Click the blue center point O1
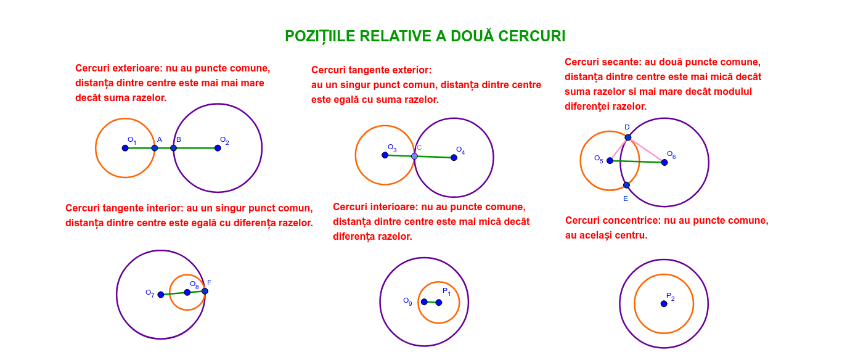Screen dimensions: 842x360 pos(125,148)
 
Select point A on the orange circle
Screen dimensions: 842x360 pos(155,148)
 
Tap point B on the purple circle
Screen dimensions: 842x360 pos(173,148)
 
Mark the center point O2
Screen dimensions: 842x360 pos(218,148)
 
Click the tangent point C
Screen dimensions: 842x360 pos(414,156)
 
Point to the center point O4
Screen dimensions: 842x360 pos(454,157)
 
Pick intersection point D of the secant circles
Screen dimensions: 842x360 pos(627,137)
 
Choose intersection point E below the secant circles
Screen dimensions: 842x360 pos(626,185)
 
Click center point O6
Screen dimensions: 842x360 pos(664,162)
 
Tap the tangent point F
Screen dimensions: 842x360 pos(205,291)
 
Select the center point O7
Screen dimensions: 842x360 pos(161,295)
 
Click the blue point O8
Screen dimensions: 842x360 pos(187,292)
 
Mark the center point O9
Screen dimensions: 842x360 pos(424,302)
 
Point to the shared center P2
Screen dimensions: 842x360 pos(664,304)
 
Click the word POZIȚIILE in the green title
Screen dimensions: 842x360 pos(320,36)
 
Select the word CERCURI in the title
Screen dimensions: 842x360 pos(532,36)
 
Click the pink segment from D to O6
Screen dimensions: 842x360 pos(646,150)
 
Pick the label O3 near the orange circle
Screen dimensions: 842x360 pos(392,148)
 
